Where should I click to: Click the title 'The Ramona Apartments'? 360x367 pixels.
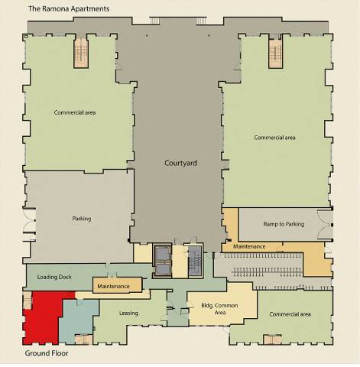(x=69, y=8)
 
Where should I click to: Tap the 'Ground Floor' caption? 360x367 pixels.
(x=48, y=354)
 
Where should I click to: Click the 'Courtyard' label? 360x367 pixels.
(x=182, y=163)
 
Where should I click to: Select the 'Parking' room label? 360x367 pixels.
(x=81, y=219)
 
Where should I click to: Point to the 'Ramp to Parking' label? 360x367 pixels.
(x=284, y=224)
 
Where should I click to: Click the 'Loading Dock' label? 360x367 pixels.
(x=54, y=276)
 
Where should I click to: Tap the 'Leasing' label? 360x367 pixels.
(x=129, y=313)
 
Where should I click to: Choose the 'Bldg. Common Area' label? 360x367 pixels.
(x=207, y=309)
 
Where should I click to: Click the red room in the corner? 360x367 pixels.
(x=40, y=317)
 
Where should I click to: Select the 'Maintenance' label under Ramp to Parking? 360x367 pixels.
(x=249, y=246)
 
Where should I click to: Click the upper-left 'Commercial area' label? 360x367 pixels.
(x=74, y=112)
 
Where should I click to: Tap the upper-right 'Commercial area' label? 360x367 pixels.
(x=274, y=138)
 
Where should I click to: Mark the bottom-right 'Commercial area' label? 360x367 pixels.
(x=289, y=313)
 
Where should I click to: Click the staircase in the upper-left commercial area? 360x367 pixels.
(x=82, y=53)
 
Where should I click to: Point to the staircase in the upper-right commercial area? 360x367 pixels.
(x=276, y=53)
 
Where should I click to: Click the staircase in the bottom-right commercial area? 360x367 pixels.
(x=271, y=339)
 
